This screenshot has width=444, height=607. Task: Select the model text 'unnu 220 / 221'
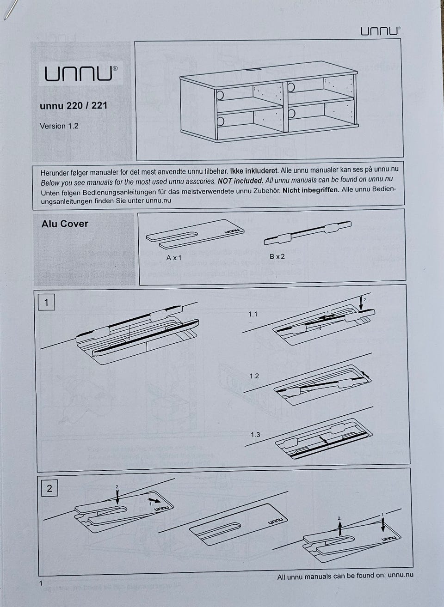click(74, 105)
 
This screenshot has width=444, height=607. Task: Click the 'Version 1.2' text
click(59, 126)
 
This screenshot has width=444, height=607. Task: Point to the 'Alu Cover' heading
click(65, 224)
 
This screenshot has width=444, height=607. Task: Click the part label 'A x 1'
click(174, 257)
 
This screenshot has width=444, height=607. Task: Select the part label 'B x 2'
click(277, 256)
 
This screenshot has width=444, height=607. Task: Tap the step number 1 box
click(46, 303)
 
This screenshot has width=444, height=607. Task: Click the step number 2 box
click(49, 488)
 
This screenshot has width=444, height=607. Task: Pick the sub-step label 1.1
click(253, 314)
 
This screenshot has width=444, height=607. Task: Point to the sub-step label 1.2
click(254, 376)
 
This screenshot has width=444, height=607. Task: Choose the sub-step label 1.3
click(255, 435)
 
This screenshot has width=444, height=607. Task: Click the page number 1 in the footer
click(41, 583)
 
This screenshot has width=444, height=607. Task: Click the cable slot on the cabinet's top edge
click(253, 70)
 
